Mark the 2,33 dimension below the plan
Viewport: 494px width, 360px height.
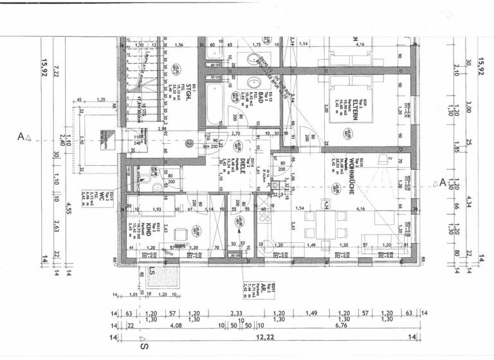coord(236,314)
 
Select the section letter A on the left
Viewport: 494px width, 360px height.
coord(21,137)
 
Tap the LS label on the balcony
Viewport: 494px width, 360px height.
coord(152,271)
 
